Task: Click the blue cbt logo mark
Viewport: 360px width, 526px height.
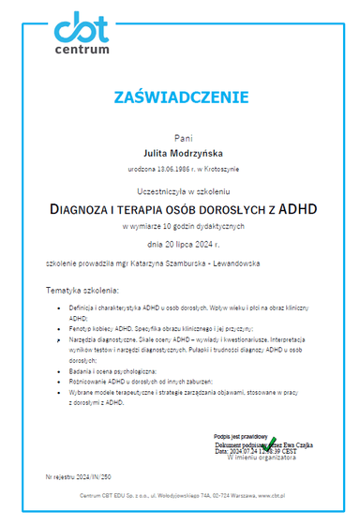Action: [82, 28]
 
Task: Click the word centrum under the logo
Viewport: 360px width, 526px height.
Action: [82, 50]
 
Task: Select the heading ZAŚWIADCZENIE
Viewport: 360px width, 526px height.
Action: [181, 97]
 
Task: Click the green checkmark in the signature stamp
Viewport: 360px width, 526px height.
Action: [271, 441]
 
